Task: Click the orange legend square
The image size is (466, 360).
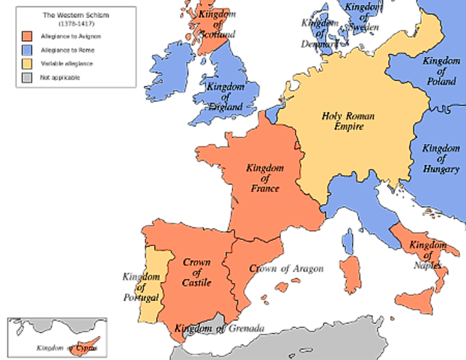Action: [27, 36]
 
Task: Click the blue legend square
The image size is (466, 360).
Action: [27, 49]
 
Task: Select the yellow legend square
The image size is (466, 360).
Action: [27, 63]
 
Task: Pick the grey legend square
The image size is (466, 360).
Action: [27, 76]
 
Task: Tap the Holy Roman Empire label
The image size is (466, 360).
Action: [348, 121]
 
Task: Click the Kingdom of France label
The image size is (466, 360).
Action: [262, 178]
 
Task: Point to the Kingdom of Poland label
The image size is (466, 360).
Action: [441, 70]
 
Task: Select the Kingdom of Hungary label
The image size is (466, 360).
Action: [441, 158]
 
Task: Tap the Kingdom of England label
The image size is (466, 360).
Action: [226, 97]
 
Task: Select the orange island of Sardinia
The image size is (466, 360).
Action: [350, 274]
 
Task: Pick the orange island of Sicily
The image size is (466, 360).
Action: [417, 302]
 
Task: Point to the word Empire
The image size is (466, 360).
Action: [348, 127]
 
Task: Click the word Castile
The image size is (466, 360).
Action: [196, 282]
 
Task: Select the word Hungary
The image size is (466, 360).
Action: [441, 169]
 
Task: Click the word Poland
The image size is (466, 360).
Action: [442, 81]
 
